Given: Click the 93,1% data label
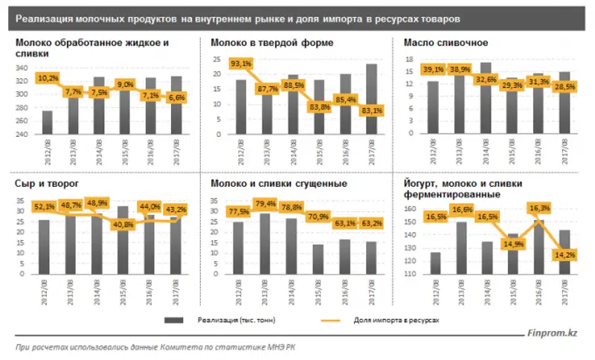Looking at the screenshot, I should pyautogui.click(x=241, y=64).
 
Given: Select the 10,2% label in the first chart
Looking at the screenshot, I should pyautogui.click(x=48, y=77).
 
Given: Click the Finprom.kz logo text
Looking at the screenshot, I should pyautogui.click(x=553, y=335).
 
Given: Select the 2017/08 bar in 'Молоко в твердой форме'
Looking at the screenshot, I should pyautogui.click(x=372, y=100).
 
